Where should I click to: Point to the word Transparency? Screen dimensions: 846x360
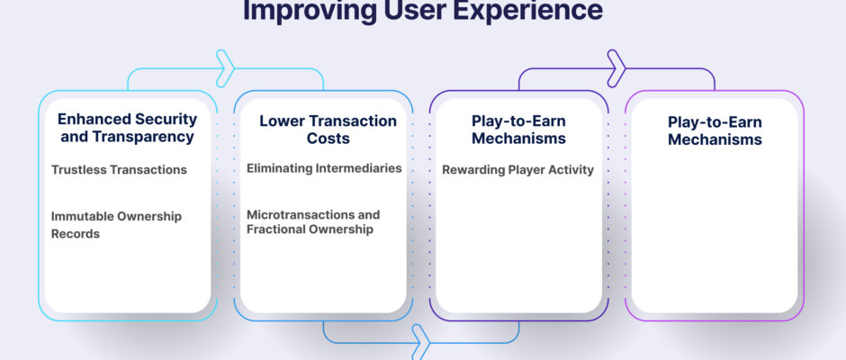point(143,137)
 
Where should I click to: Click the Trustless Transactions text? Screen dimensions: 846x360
point(119,169)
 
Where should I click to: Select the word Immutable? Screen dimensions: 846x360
point(76,216)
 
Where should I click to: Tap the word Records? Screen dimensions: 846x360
point(76,234)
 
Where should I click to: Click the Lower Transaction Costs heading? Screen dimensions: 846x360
point(328,129)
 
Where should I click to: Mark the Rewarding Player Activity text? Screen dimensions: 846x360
point(518,170)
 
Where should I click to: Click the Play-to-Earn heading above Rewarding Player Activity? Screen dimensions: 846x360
point(518,130)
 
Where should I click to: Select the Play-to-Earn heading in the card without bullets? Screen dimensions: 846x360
point(715,130)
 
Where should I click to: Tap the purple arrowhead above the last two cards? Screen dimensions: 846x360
point(617,68)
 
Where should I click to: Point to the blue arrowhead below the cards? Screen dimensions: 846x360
point(422,342)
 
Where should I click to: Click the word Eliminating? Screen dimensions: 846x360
point(281,168)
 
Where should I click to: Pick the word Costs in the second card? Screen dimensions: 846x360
point(328,139)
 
